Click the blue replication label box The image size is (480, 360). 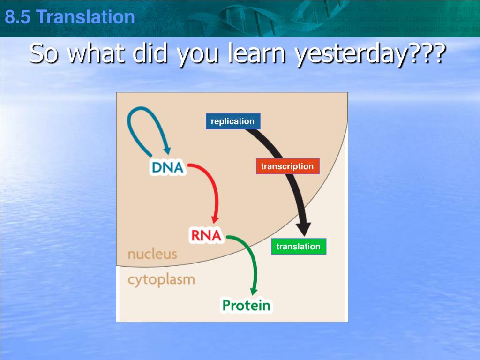tap(233, 121)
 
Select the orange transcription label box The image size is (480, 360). tap(287, 166)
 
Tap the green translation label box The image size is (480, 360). tap(299, 247)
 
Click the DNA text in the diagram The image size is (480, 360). tap(168, 167)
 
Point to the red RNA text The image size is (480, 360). tap(206, 235)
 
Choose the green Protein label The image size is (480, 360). tap(247, 306)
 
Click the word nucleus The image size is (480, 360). tap(152, 254)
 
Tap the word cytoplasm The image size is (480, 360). tap(161, 280)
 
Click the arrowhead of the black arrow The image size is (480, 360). tap(303, 229)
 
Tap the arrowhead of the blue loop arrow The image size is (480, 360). tap(167, 150)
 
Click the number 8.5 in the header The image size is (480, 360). tap(17, 17)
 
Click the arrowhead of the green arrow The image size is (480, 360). tap(254, 292)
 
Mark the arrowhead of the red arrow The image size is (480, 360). tap(215, 219)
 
